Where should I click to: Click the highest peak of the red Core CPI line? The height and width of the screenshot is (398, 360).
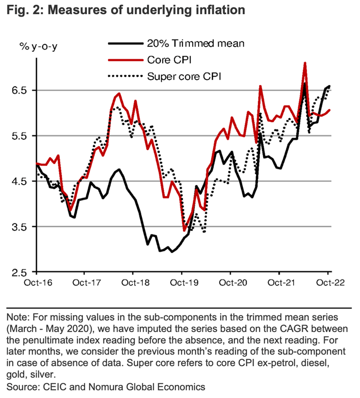point(305,63)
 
